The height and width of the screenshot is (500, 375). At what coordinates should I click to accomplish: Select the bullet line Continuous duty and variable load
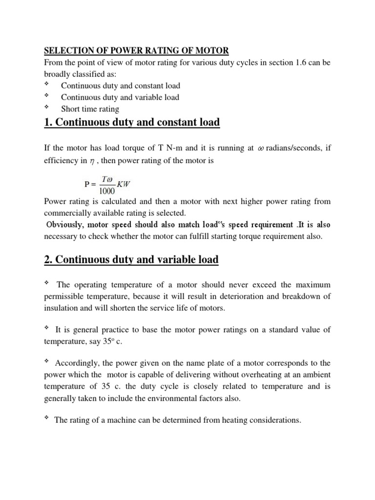pos(120,97)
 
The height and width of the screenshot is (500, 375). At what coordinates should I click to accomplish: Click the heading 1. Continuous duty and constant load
pos(132,123)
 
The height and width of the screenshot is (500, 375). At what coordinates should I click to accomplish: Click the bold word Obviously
pos(66,225)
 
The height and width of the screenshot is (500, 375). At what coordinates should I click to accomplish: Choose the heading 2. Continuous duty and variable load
pos(131,260)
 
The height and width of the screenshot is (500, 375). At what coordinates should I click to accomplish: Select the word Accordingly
pos(76,363)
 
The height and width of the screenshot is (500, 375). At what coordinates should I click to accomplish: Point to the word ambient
pos(315,375)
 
